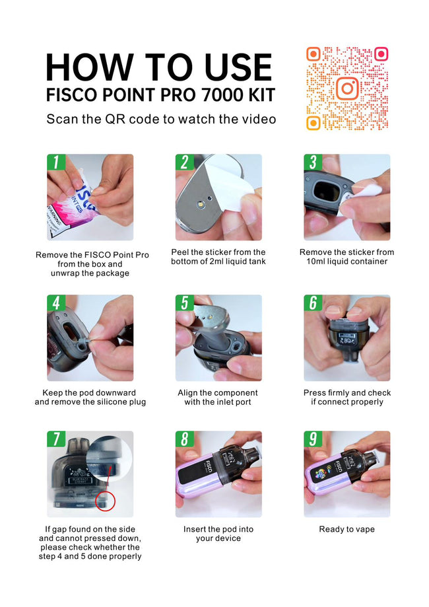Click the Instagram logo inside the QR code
pos(347,89)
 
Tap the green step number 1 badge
pos(55,162)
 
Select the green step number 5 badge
pos(184,303)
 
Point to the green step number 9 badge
pos(313,439)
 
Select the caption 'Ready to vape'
pos(346,529)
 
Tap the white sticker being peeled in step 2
pos(228,190)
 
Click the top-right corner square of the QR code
pos(381,54)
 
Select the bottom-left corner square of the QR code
pos(313,123)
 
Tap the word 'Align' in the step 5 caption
pos(188,393)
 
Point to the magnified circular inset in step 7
pos(109,457)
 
